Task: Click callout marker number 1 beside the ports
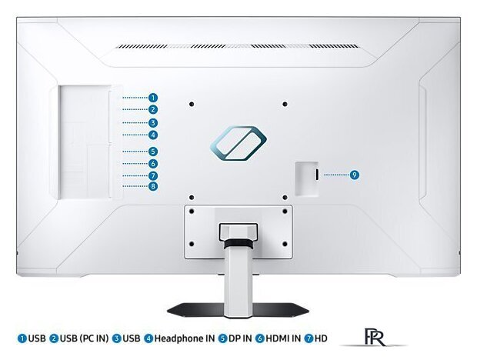pos(153,98)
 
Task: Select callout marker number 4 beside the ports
pos(153,135)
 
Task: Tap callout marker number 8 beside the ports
pos(153,186)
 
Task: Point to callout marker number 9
pos(355,175)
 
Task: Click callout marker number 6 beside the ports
pos(153,164)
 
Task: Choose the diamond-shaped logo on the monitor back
pos(239,143)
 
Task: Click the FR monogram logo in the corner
pos(374,337)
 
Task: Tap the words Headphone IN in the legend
pos(185,338)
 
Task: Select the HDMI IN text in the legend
pos(283,338)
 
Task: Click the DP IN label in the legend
pos(240,338)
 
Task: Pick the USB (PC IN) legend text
pos(84,338)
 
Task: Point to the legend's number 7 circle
pos(309,338)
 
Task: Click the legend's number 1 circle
pos(22,338)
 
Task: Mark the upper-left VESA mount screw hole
pos(192,105)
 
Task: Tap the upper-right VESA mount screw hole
pos(285,105)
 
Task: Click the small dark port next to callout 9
pos(317,175)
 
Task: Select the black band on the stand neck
pos(239,244)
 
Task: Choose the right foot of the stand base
pos(281,310)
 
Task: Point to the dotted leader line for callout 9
pos(336,175)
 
